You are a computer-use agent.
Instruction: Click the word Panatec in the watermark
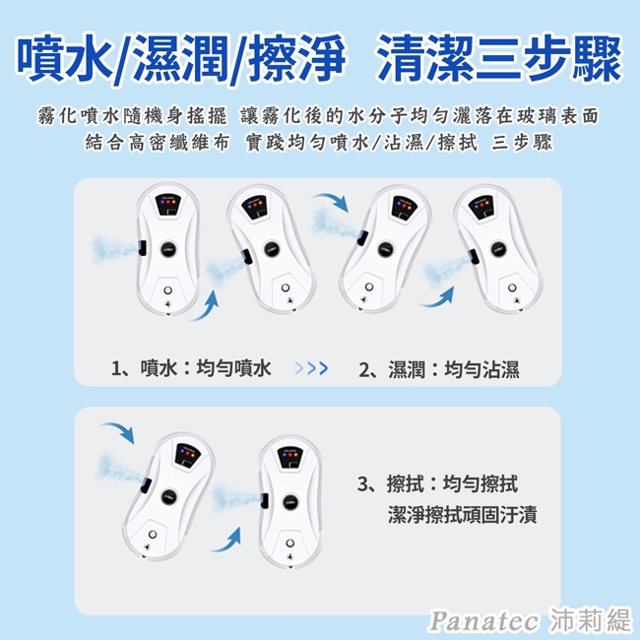(x=483, y=621)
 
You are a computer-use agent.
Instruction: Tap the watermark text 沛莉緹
(x=590, y=620)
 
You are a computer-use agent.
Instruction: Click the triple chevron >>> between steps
(x=311, y=368)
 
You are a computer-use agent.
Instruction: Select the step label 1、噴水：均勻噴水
(x=191, y=368)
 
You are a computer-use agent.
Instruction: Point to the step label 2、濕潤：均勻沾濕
(x=439, y=370)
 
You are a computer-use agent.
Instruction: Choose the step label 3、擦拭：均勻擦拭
(x=437, y=484)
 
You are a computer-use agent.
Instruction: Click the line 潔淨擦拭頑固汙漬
(x=463, y=514)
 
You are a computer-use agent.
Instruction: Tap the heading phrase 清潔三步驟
(x=499, y=57)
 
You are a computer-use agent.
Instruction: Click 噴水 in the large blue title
(x=66, y=58)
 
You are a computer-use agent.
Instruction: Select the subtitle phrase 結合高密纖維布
(x=158, y=143)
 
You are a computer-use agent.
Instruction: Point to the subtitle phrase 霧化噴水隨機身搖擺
(x=132, y=116)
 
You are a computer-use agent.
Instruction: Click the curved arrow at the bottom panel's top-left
(x=118, y=432)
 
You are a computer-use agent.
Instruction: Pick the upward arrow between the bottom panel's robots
(x=226, y=541)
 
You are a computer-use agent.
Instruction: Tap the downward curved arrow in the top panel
(x=332, y=201)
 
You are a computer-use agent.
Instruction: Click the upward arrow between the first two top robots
(x=207, y=306)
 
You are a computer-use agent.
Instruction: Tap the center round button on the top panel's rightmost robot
(x=498, y=248)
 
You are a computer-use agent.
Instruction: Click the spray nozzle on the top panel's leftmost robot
(x=142, y=248)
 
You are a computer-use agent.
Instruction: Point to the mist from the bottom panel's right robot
(x=236, y=496)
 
